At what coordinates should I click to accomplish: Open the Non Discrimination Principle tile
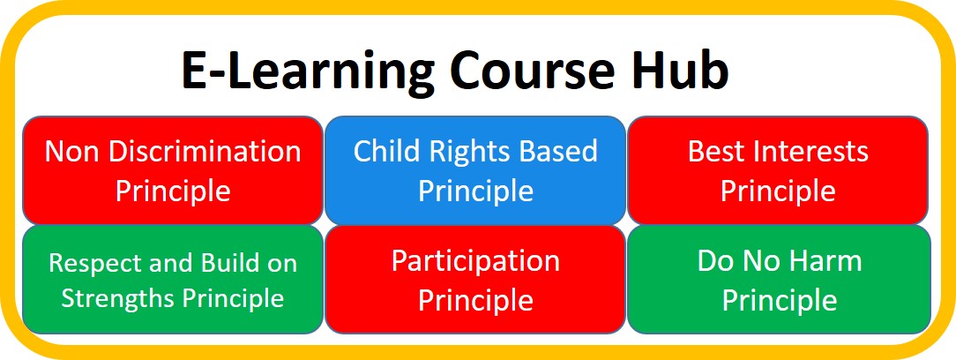point(173,171)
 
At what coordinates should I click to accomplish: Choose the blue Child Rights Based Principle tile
point(475,171)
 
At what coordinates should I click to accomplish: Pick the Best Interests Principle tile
point(778,171)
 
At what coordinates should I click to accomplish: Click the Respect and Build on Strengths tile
point(173,280)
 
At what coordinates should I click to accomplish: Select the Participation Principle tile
point(475,280)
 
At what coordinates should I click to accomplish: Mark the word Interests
point(806,151)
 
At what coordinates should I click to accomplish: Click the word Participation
point(475,262)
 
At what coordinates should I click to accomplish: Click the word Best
point(713,151)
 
